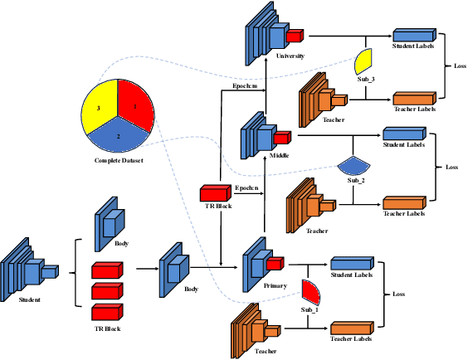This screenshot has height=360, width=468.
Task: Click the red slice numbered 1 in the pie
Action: pos(134,103)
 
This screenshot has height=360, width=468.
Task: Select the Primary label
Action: pos(275,285)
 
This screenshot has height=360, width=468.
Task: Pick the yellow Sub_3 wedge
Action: pos(363,61)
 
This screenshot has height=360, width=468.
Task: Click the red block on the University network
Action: pos(295,35)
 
